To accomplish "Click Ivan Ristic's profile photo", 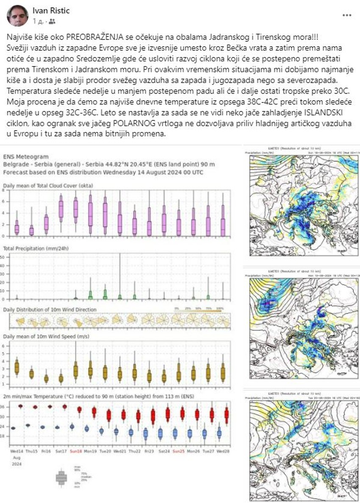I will point(17,16).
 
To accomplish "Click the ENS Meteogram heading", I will point(26,157).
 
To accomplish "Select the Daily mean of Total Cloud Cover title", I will point(48,186).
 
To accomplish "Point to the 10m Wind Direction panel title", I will point(50,310).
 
